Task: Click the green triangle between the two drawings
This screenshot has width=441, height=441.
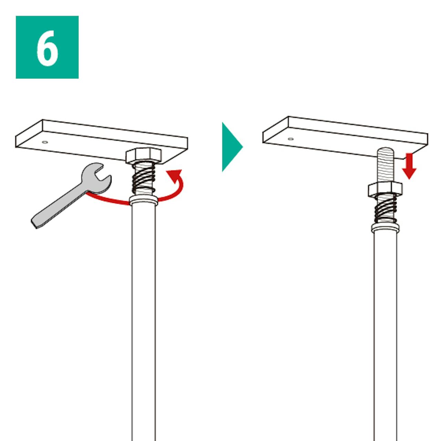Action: coord(231,147)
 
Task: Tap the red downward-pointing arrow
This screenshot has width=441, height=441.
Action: coord(409,166)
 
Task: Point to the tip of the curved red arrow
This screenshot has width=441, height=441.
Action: coord(167,171)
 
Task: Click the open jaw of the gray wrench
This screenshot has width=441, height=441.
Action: coord(100,175)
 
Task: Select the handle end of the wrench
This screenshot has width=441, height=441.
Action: coord(34,223)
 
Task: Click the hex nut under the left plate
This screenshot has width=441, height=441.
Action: coord(144,156)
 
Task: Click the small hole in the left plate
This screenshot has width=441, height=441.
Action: coord(45,142)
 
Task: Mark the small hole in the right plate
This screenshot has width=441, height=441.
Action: coord(291,139)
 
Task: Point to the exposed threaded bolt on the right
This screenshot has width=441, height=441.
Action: coord(386,165)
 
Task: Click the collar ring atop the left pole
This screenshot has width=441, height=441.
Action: coord(144,201)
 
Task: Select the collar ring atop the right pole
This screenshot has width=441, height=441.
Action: coord(385,228)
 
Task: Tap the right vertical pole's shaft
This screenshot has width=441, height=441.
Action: coord(386,336)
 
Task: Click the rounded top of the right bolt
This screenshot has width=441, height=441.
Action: coord(386,150)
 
